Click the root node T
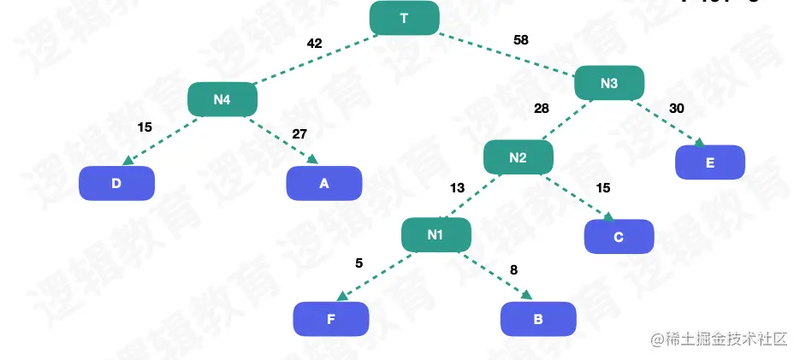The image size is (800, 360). [x=404, y=18]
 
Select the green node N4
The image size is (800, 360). [x=222, y=99]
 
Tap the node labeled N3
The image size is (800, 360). [x=608, y=83]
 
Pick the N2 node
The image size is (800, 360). [x=518, y=157]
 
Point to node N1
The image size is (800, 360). [x=436, y=234]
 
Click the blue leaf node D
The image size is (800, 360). [x=116, y=183]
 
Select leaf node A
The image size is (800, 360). [x=323, y=183]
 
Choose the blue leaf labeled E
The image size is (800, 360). [x=709, y=162]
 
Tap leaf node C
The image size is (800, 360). [x=619, y=237]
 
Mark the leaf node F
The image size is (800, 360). [x=330, y=320]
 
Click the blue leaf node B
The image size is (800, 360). [x=537, y=320]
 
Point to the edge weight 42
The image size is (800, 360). [x=314, y=44]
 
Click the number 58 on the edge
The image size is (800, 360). [x=520, y=40]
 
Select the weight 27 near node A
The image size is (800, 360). [x=299, y=133]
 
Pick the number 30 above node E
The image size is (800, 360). [x=676, y=108]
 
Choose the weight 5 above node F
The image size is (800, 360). [x=359, y=263]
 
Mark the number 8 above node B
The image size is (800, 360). [x=513, y=270]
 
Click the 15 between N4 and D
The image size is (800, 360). [x=145, y=127]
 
